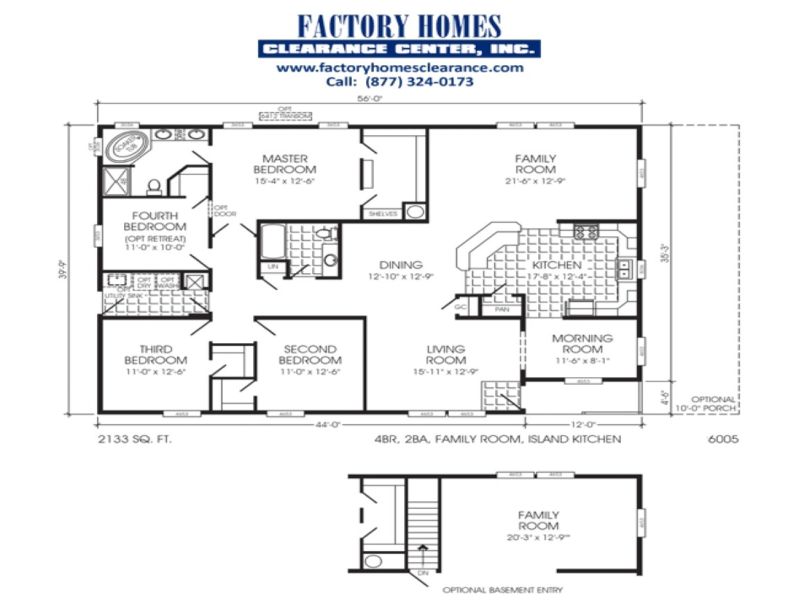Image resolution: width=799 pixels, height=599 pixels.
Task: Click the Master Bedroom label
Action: pos(284,164)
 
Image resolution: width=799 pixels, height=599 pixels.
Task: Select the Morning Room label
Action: pos(582,344)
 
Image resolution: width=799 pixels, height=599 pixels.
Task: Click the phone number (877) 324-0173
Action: pos(399,81)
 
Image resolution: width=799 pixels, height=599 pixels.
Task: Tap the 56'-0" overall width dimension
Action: pos(371,98)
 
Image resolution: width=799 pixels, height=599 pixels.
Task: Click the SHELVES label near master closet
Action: pos(383,214)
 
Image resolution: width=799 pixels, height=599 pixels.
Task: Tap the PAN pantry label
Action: pos(501,311)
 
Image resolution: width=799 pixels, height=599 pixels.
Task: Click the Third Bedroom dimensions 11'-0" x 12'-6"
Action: pos(155,372)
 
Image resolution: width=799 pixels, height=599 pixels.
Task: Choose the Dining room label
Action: pos(401,265)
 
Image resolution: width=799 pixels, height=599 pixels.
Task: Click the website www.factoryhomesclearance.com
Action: pos(399,68)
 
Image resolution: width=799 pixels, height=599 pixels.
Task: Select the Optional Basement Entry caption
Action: pos(502,590)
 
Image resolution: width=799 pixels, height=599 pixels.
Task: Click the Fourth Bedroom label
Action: pos(155,221)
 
